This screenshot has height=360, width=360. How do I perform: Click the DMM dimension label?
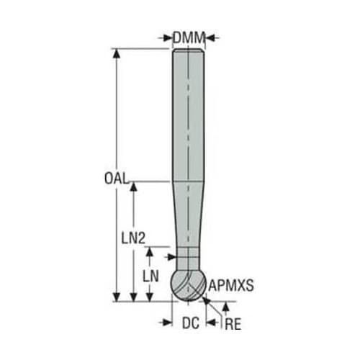189,38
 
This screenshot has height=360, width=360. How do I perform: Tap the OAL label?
116,179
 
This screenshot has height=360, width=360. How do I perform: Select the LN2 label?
133,238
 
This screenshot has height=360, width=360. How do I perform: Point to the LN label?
150,276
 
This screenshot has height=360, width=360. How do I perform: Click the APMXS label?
231,285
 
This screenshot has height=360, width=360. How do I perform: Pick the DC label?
191,323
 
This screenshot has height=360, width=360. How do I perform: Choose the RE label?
233,325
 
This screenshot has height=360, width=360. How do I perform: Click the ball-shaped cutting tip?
188,286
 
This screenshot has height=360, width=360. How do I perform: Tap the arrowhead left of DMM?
167,38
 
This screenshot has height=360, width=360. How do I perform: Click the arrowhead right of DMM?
210,37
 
